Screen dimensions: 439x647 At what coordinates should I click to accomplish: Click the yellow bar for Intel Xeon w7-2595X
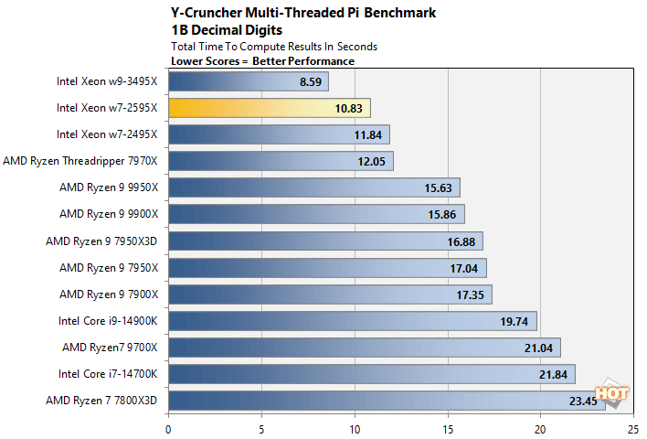click(x=269, y=108)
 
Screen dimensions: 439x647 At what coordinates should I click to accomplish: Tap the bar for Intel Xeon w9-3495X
click(x=248, y=81)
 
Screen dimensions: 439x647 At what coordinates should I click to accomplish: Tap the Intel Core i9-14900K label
click(x=107, y=320)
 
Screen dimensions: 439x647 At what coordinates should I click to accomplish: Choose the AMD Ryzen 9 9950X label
click(x=109, y=187)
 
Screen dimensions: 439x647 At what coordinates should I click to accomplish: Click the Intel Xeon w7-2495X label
click(x=107, y=134)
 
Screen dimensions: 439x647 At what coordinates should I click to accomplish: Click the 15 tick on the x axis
click(x=448, y=427)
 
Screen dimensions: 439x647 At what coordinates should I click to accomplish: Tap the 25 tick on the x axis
click(x=633, y=427)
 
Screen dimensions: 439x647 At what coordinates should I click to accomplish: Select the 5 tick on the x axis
click(x=261, y=427)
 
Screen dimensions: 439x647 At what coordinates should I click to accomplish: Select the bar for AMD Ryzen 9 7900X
click(x=330, y=294)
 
